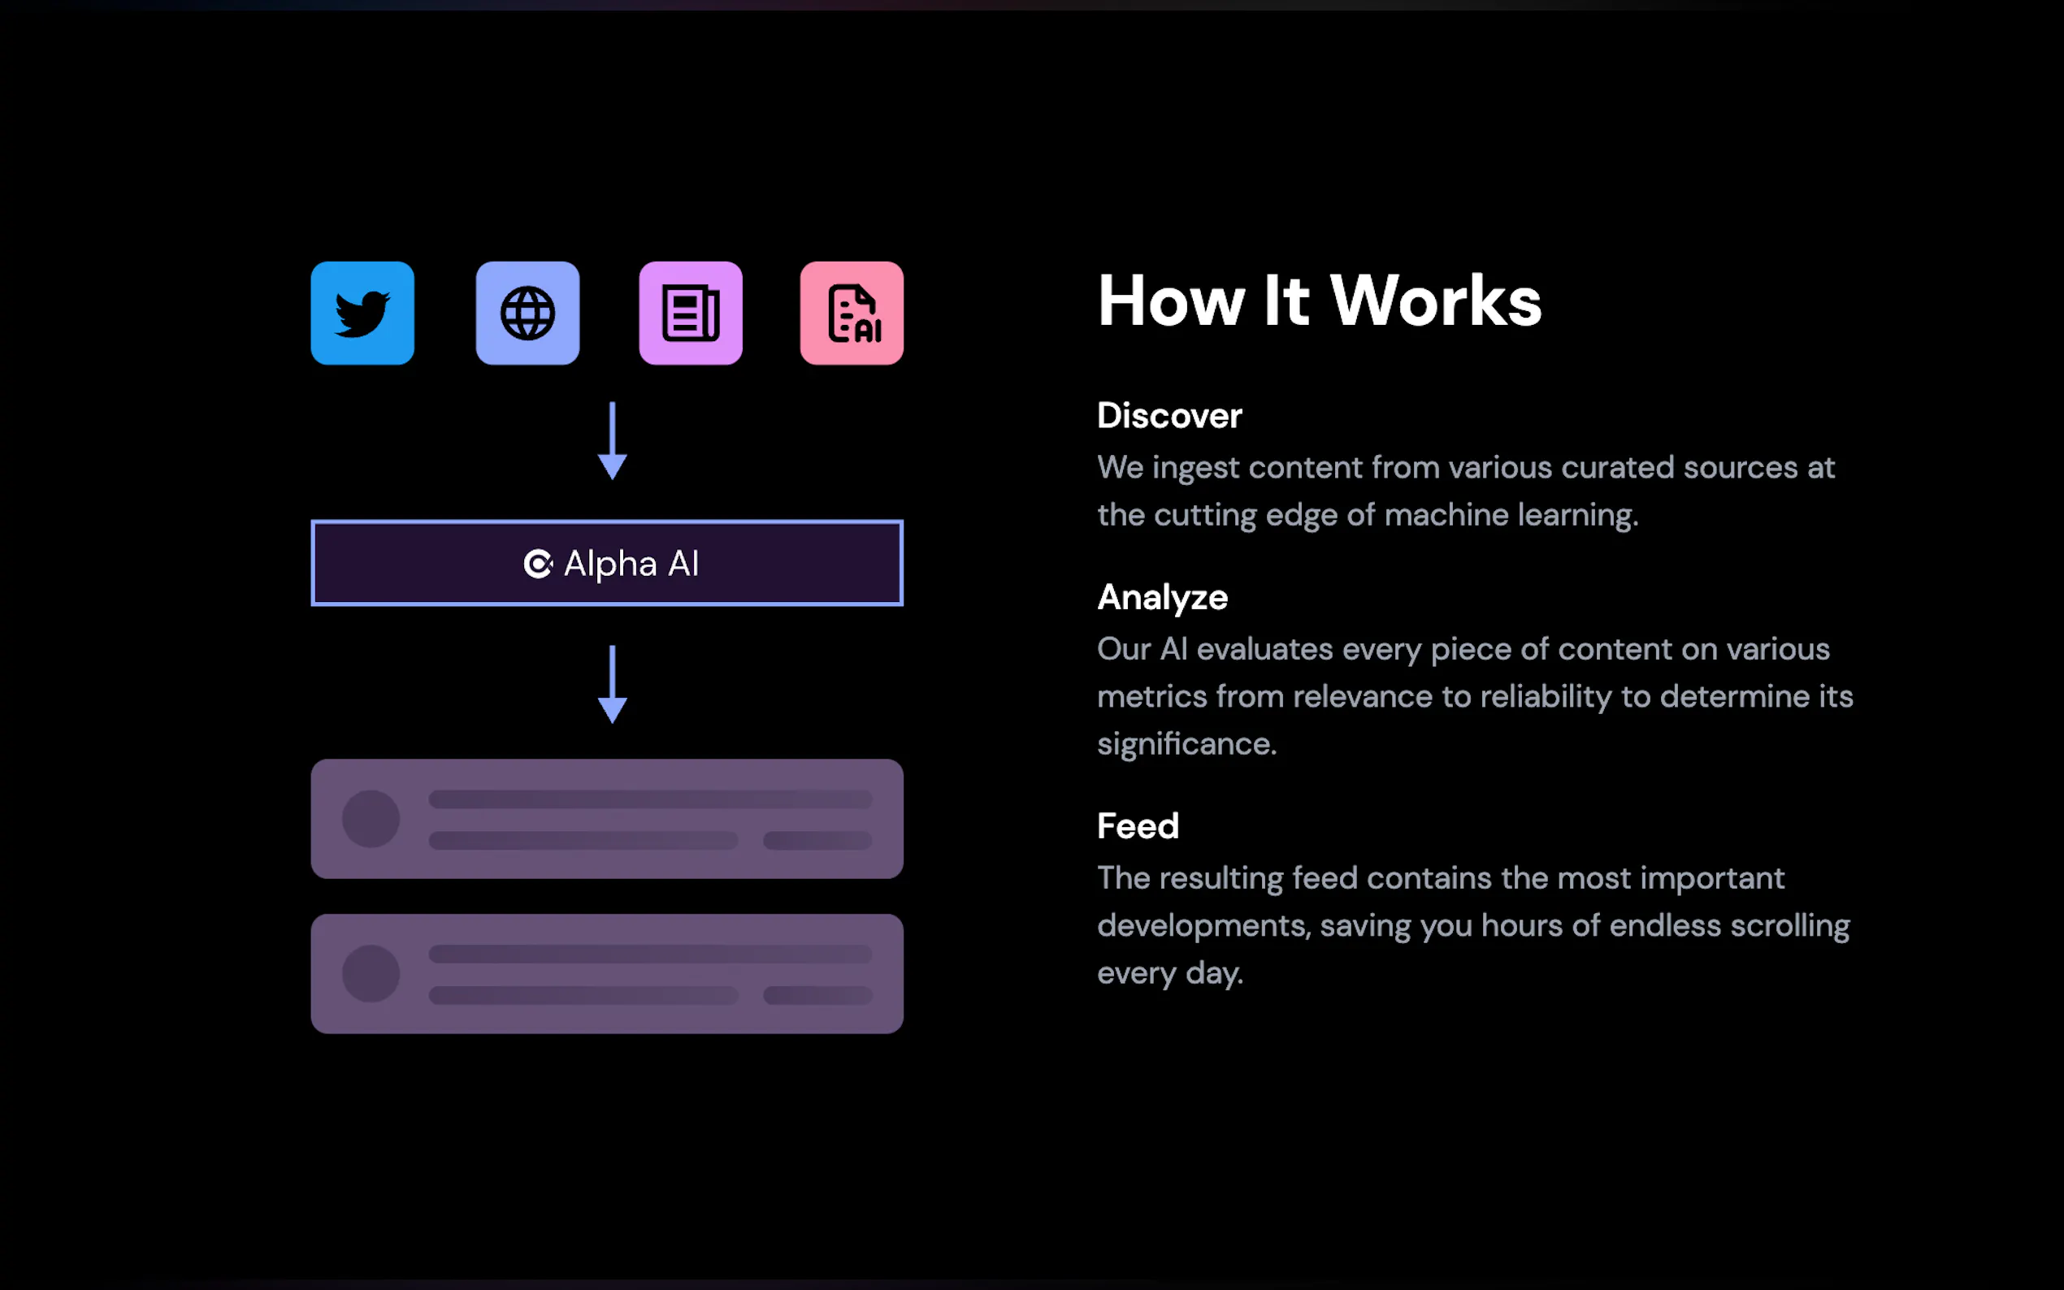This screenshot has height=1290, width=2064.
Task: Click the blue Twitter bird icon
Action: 362,313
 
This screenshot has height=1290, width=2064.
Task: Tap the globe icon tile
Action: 527,313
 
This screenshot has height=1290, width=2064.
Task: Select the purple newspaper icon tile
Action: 690,313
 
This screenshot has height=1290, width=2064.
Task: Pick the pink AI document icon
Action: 852,313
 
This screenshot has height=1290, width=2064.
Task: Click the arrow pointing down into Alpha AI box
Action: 613,441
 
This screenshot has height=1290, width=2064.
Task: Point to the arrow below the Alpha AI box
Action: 613,684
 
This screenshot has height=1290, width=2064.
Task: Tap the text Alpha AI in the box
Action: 631,564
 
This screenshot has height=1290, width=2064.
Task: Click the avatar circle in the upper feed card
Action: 371,819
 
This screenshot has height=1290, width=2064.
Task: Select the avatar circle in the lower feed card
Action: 371,973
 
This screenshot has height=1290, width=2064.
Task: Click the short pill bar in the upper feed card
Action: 817,842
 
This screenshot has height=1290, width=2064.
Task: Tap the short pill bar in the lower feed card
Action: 817,996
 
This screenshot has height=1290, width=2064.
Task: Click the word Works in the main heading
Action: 1436,301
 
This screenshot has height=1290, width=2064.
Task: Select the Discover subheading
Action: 1170,415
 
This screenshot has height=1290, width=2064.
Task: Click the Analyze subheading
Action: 1163,598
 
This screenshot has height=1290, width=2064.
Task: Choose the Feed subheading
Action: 1138,826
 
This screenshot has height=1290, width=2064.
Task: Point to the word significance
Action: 1187,744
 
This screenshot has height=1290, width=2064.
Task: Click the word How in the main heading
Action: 1172,301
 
